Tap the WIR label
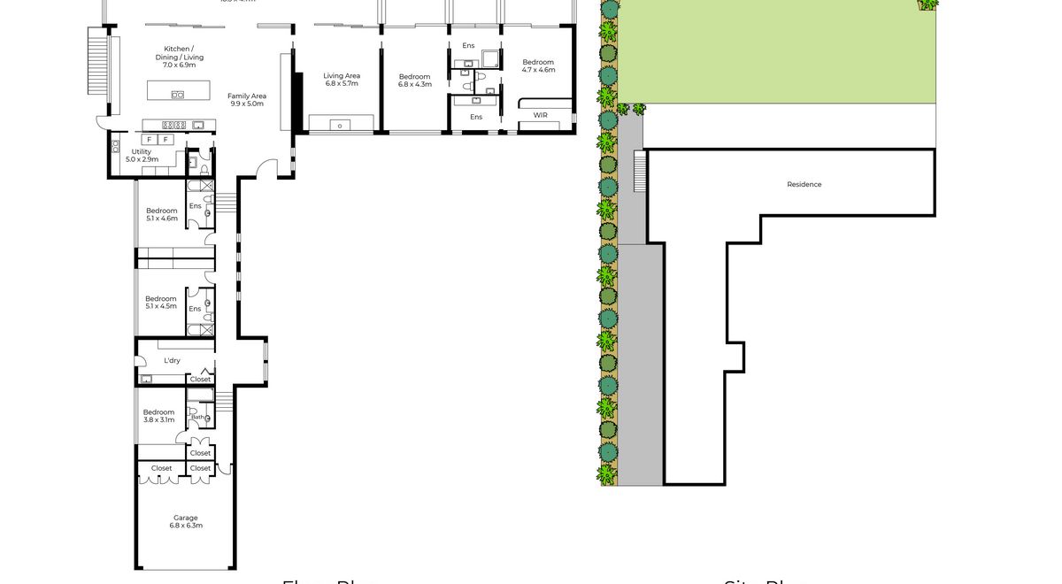click(540, 115)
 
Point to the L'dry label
click(173, 360)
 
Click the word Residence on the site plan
click(804, 184)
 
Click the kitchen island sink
click(178, 95)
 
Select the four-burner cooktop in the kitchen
click(173, 125)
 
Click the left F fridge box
click(149, 140)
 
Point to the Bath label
click(198, 418)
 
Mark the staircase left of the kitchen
click(96, 60)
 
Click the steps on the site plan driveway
click(639, 171)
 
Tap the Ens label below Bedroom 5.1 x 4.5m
click(195, 309)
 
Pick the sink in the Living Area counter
click(341, 125)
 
